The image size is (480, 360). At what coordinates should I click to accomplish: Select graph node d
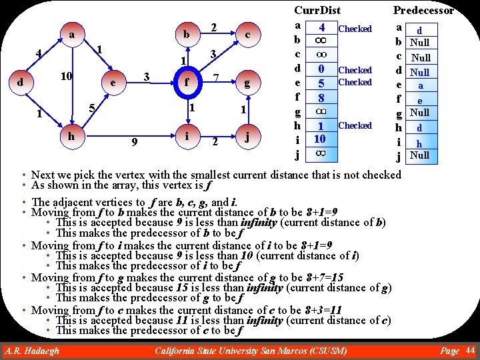[22, 83]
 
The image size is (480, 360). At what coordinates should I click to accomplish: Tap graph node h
[71, 135]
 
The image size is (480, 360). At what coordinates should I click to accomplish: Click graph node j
[247, 138]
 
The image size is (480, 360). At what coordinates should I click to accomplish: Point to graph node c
[247, 35]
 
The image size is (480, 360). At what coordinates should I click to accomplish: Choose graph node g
[247, 84]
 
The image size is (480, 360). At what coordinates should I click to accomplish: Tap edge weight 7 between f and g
[216, 79]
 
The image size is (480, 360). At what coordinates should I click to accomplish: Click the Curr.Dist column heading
[317, 10]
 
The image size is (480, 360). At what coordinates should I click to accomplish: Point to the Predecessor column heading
[423, 10]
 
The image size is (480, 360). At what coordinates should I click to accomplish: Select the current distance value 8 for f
[321, 97]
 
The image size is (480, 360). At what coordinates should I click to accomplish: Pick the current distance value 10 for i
[320, 139]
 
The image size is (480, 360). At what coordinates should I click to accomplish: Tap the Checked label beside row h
[355, 125]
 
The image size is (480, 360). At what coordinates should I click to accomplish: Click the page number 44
[470, 351]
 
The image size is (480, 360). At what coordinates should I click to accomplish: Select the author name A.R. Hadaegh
[31, 351]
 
